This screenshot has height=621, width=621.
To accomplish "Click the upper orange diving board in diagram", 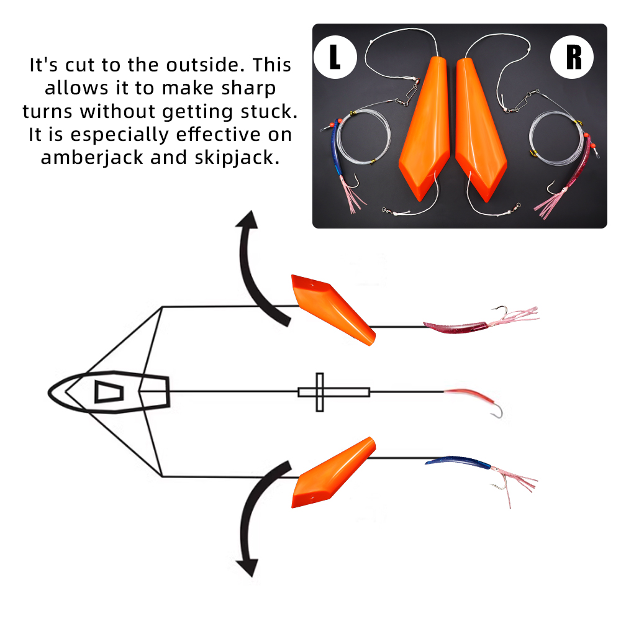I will (x=332, y=309).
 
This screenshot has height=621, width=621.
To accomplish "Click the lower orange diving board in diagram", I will (x=334, y=473).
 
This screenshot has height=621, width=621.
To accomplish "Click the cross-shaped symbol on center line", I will (x=320, y=392).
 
